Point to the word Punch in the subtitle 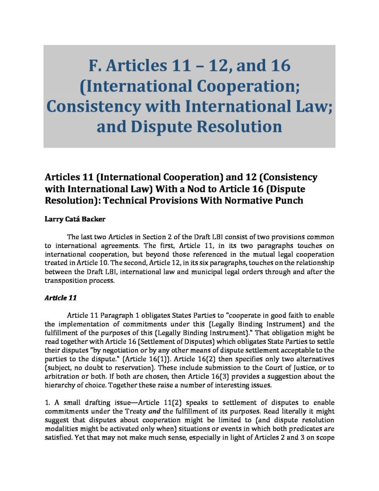tap(284, 200)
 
